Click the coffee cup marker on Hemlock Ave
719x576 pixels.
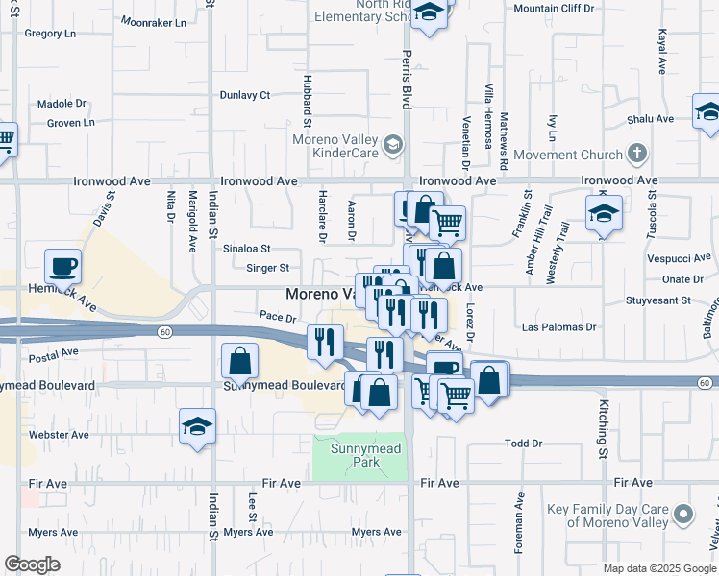click(x=62, y=266)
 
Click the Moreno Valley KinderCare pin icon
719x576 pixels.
click(x=391, y=146)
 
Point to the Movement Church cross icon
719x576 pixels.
click(x=635, y=154)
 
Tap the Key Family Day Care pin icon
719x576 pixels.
click(x=682, y=515)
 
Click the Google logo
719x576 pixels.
click(x=33, y=564)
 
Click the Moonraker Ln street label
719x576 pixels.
click(x=155, y=20)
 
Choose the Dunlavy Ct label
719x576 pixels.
click(x=245, y=95)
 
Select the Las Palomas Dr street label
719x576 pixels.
click(x=558, y=326)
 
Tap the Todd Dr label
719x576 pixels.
click(x=524, y=444)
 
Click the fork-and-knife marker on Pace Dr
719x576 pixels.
click(x=325, y=342)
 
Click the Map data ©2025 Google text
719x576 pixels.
click(x=658, y=568)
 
